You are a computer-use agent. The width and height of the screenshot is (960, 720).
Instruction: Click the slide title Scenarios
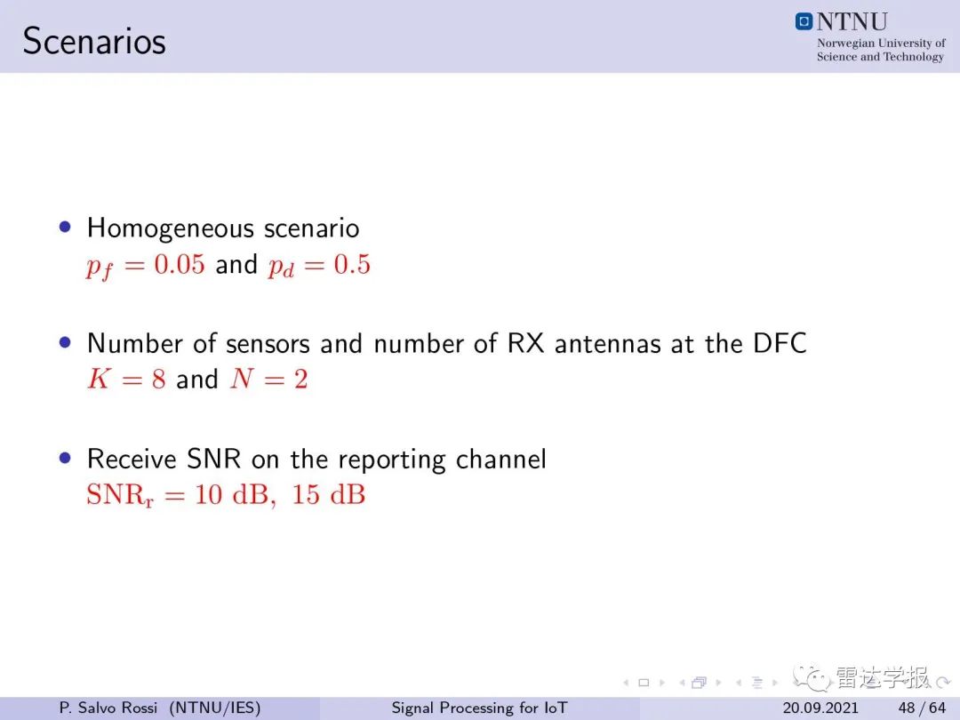click(x=94, y=42)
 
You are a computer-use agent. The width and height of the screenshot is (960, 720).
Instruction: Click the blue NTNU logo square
click(x=804, y=21)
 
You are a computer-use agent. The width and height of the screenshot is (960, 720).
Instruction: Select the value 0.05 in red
click(x=180, y=265)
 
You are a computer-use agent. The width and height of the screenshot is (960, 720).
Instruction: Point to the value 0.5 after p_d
click(x=352, y=265)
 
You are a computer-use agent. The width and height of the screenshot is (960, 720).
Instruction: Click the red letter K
click(x=98, y=379)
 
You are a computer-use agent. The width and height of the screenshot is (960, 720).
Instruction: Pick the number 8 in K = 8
click(x=158, y=380)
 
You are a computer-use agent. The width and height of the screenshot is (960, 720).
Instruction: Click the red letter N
click(x=243, y=379)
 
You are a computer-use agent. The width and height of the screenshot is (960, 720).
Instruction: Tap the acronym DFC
click(x=780, y=343)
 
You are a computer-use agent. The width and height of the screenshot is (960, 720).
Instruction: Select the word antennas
click(x=608, y=344)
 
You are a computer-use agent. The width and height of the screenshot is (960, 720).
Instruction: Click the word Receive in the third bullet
click(x=132, y=460)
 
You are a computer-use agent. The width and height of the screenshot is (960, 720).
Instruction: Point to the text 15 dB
click(x=328, y=495)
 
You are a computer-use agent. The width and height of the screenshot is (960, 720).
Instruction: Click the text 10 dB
click(x=231, y=495)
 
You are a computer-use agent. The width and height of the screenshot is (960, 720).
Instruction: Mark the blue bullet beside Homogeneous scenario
click(x=65, y=228)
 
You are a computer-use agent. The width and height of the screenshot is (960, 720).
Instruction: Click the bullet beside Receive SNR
click(x=65, y=458)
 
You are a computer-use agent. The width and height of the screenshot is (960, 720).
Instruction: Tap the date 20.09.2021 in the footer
click(x=820, y=708)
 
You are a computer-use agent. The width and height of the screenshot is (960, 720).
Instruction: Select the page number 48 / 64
click(x=922, y=708)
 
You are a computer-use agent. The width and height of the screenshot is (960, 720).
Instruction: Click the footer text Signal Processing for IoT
click(x=479, y=708)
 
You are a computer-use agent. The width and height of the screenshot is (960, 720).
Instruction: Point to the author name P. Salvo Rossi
click(x=108, y=708)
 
